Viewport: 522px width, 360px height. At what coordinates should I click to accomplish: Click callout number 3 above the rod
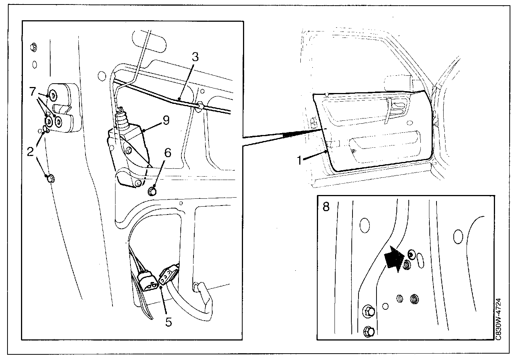195,57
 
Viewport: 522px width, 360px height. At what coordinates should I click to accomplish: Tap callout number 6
168,152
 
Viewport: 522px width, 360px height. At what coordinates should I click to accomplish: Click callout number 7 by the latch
33,91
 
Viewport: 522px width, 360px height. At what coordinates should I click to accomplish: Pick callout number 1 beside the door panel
300,160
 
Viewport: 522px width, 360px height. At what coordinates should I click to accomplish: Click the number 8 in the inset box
326,206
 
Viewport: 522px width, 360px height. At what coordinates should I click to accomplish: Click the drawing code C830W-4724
498,319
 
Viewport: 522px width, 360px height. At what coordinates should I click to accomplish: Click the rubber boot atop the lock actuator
121,117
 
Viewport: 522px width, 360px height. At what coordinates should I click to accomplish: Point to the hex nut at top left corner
34,47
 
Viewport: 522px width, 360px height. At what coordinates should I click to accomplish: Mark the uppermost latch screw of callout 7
53,95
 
